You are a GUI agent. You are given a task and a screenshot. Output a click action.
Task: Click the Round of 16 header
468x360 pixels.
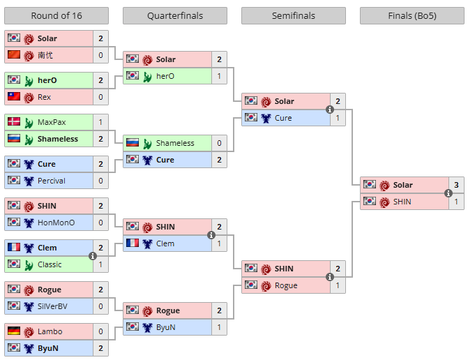56,15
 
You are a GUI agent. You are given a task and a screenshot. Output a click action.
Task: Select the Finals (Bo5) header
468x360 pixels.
412,15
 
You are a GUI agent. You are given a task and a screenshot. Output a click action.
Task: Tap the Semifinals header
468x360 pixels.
294,15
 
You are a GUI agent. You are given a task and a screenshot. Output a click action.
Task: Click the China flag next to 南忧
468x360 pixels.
14,54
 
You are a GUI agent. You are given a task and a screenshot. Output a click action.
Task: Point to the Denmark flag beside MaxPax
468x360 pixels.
14,121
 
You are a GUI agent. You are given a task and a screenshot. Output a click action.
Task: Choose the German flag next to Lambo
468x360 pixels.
14,331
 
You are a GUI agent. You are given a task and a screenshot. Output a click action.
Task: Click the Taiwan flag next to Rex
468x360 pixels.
14,96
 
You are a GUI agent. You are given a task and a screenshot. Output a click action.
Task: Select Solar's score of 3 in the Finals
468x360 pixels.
456,185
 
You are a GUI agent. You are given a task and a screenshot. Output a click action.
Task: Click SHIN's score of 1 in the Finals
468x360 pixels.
456,202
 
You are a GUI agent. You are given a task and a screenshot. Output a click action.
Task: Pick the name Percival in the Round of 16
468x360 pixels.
52,181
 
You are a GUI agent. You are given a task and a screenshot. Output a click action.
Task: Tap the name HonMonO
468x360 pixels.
56,223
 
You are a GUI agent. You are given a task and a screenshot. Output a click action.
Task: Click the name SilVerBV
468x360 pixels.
52,306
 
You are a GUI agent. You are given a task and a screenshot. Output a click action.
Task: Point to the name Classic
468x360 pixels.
50,264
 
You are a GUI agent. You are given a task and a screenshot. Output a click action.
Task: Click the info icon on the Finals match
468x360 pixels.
448,193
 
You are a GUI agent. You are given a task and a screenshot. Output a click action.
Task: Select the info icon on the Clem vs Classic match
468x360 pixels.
93,256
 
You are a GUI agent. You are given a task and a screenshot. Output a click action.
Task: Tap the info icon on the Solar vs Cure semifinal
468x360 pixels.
329,110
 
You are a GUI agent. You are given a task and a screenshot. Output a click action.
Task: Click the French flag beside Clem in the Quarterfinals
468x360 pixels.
133,243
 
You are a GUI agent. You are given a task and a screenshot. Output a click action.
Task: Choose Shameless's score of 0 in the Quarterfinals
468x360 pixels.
220,143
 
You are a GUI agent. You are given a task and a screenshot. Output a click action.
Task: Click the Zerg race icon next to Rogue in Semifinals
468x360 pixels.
266,286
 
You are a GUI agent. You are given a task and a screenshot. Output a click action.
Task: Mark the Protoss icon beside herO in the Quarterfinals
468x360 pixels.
147,77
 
